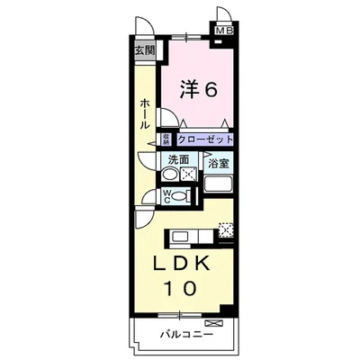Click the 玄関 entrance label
[145, 51]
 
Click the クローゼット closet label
[204, 139]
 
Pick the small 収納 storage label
[166, 139]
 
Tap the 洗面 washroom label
[178, 160]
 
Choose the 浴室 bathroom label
[218, 164]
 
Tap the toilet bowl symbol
[179, 195]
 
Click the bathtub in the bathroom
[219, 187]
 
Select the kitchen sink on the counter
[179, 238]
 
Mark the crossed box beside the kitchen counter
[225, 230]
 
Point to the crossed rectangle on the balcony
[213, 321]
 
